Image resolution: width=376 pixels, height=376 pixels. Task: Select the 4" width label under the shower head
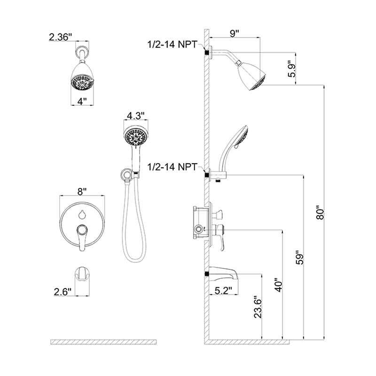(x=83, y=101)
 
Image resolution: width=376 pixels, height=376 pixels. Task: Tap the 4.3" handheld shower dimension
(x=136, y=115)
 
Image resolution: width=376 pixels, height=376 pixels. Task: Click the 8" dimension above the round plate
(x=82, y=191)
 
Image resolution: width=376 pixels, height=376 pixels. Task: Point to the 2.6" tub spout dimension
(x=62, y=291)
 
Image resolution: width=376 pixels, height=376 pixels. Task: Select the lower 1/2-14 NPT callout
(x=173, y=167)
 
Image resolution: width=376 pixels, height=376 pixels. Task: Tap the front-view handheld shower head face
(x=136, y=137)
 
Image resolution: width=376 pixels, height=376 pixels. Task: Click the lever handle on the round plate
(x=82, y=235)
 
